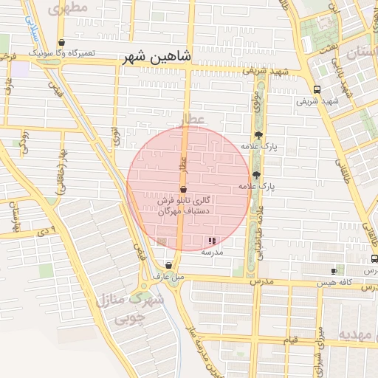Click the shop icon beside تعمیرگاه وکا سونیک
61,42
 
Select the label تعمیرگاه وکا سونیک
61,54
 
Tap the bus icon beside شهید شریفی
317,89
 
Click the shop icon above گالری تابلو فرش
183,190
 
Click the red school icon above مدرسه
213,241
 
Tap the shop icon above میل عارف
169,265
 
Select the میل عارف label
168,276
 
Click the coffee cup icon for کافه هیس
334,271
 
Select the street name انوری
115,137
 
